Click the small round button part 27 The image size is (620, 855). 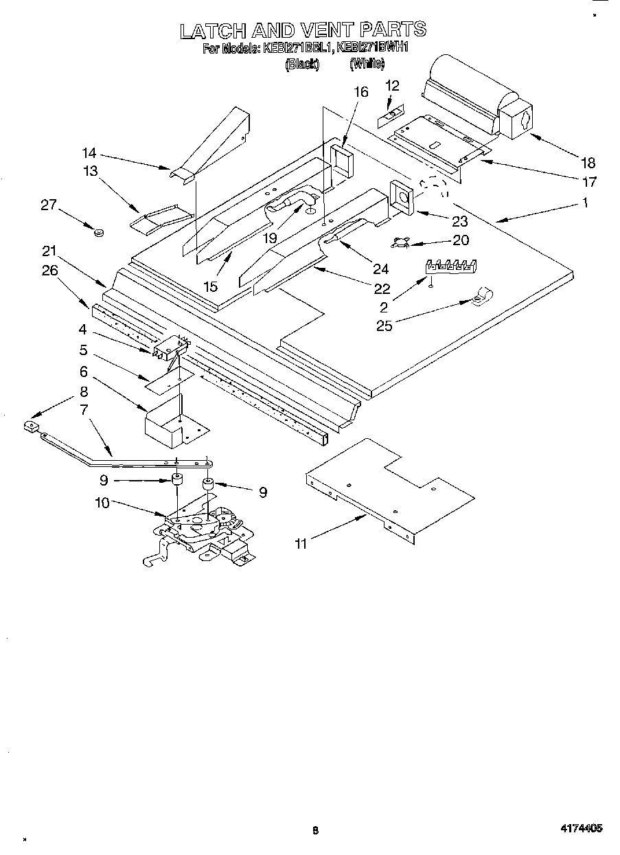pyautogui.click(x=98, y=232)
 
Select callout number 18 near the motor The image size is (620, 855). pyautogui.click(x=587, y=163)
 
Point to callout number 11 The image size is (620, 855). pyautogui.click(x=300, y=543)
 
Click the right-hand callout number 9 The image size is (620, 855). pyautogui.click(x=262, y=491)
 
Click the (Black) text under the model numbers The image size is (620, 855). pyautogui.click(x=302, y=65)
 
